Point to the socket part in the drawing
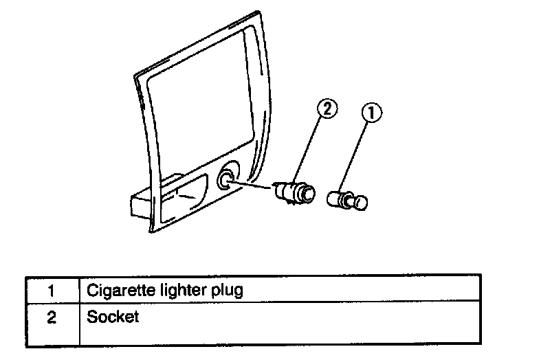click(294, 190)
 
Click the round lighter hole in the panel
click(225, 180)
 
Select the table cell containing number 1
click(52, 290)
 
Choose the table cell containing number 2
click(52, 318)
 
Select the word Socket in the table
click(113, 317)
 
